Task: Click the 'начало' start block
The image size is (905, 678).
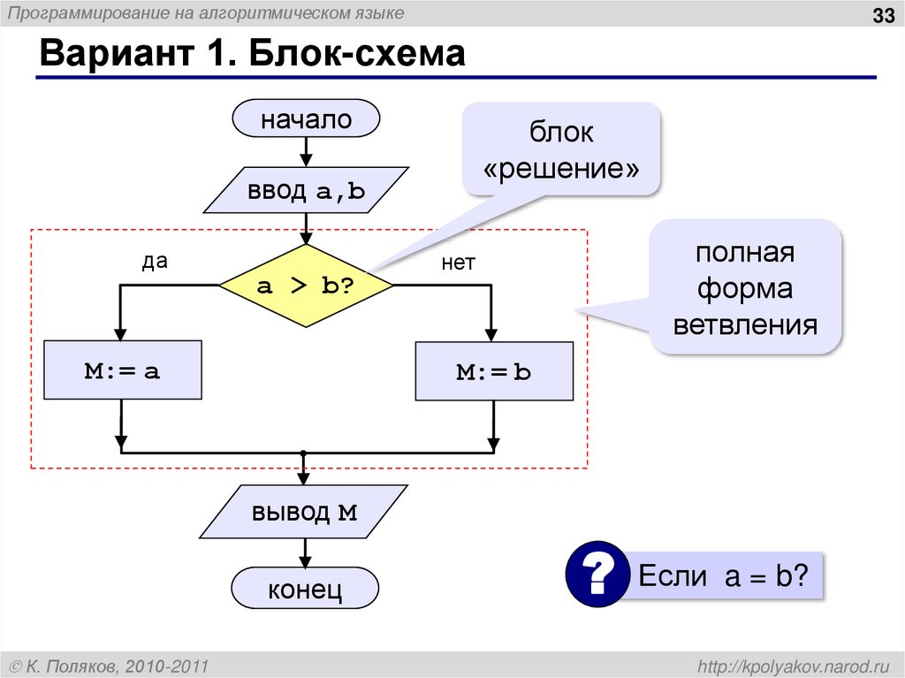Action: coord(305,119)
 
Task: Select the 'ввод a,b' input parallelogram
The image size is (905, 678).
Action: coord(306,190)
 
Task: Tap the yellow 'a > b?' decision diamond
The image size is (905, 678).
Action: coord(305,286)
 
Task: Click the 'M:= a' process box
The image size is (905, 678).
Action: coord(123,370)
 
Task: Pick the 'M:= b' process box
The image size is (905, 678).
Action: coord(493,371)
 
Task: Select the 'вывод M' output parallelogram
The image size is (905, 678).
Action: coord(304,512)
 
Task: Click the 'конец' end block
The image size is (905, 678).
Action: coord(305,589)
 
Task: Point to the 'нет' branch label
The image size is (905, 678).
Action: coord(458,263)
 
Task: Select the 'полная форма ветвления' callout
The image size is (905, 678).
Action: coord(745,288)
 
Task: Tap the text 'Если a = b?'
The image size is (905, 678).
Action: coord(723,577)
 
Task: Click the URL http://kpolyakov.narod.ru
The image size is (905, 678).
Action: coord(796,665)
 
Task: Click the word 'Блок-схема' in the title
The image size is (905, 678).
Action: coord(357,56)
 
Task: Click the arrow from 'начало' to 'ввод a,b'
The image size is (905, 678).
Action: coord(305,152)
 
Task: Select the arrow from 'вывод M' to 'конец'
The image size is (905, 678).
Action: coord(305,554)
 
